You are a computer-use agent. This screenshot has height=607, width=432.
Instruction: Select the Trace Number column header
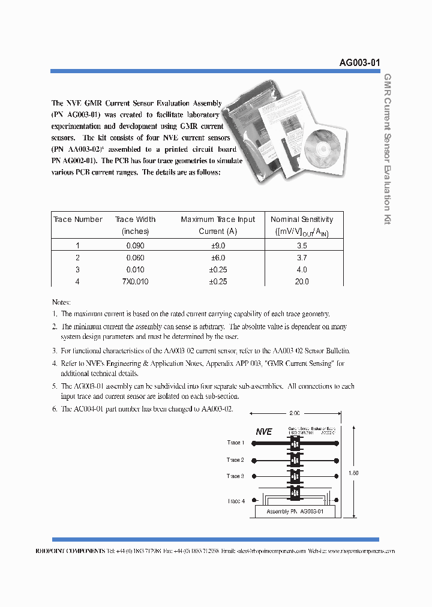78,220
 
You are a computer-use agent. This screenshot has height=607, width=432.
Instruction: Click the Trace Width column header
135,225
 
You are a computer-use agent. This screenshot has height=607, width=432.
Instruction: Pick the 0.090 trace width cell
135,246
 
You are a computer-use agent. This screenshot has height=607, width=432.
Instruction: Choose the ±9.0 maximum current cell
218,246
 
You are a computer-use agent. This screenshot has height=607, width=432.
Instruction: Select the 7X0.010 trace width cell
135,281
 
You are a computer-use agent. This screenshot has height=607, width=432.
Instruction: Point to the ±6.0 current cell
218,258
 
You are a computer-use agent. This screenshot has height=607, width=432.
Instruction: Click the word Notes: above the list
61,302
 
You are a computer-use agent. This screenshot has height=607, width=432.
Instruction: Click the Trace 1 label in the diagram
235,443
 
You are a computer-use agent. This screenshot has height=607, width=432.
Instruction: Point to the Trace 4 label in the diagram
235,501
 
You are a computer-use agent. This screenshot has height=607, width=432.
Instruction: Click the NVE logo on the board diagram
264,431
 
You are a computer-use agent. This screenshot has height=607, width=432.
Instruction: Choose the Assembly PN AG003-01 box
295,512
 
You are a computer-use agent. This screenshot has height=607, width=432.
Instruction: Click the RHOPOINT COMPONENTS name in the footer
79,551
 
